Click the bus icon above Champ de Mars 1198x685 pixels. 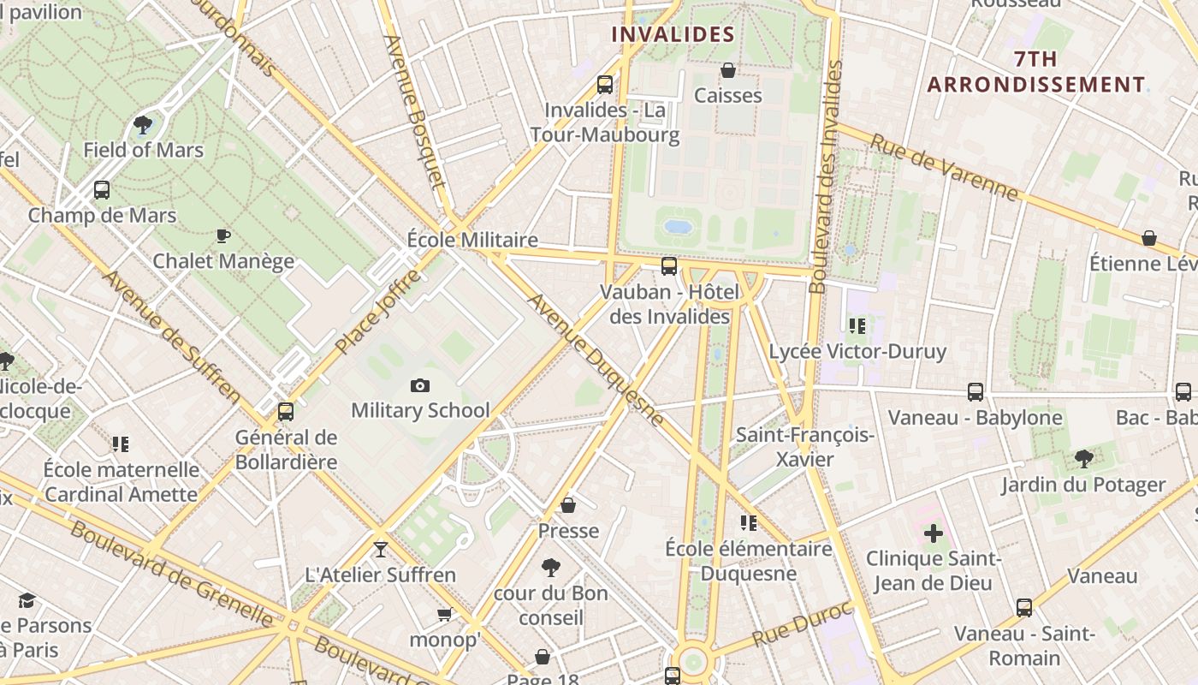102,190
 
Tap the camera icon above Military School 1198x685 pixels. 419,385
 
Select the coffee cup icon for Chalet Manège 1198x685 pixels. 223,235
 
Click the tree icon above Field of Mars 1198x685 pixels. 143,125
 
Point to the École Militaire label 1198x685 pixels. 472,240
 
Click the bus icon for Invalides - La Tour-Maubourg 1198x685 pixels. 605,85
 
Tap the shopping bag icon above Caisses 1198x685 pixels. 727,70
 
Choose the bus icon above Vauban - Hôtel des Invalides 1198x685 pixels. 669,266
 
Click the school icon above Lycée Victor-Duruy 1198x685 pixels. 857,326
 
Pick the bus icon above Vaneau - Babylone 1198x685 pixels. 975,392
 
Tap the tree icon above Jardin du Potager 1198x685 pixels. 1083,459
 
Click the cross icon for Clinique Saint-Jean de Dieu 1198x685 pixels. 933,533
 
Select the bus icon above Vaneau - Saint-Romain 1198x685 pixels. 1024,608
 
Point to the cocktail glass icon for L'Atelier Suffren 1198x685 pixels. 381,549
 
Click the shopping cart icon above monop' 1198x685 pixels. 444,614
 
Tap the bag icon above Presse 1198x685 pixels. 567,505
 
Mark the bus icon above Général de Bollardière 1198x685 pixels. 286,412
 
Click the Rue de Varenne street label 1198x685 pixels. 944,166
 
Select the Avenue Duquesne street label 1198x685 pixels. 595,360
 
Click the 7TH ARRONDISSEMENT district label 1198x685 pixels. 1036,72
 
